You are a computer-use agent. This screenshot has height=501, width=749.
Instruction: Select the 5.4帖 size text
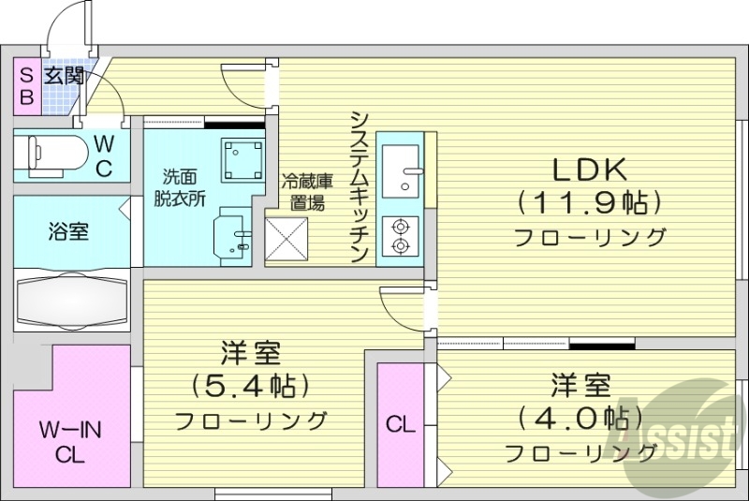(x=251, y=385)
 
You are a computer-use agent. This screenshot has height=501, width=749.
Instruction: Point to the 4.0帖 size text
(x=580, y=418)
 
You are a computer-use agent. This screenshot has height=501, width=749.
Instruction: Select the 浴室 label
(x=69, y=230)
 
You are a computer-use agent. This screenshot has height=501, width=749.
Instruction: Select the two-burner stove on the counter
(x=402, y=235)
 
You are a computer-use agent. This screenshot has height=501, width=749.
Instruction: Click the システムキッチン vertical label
(x=359, y=187)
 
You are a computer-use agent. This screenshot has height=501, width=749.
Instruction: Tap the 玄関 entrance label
(x=66, y=75)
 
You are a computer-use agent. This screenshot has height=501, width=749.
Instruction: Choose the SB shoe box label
(x=27, y=84)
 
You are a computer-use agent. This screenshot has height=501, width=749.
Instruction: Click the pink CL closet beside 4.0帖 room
(x=400, y=424)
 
